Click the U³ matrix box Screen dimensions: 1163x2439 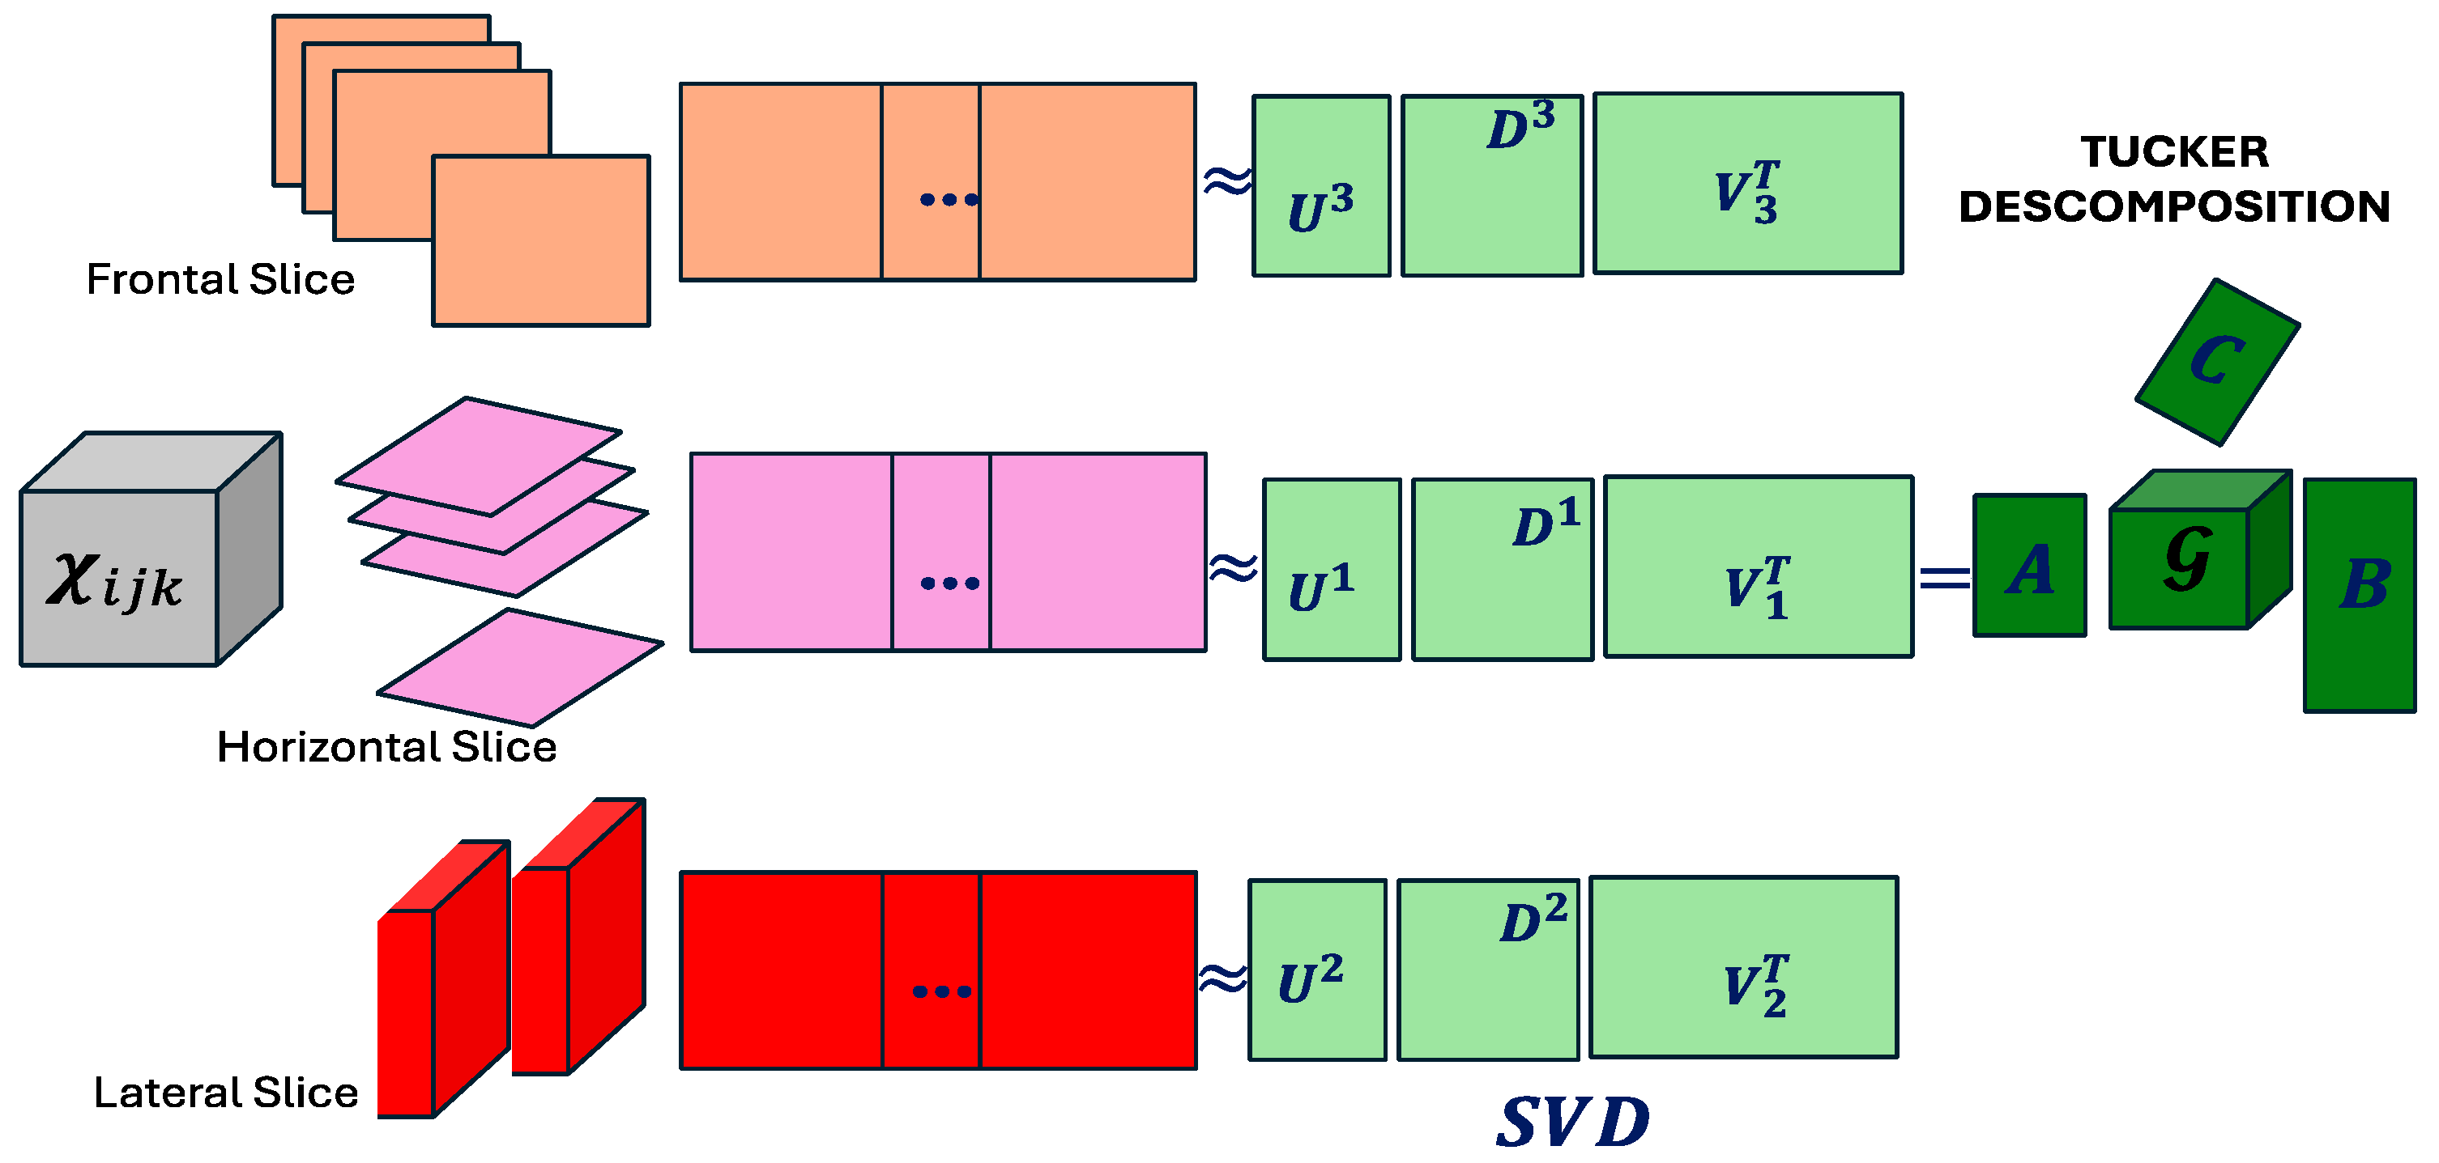tap(1321, 185)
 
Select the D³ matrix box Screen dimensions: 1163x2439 tap(1491, 185)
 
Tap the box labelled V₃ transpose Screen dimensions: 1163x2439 tap(1747, 184)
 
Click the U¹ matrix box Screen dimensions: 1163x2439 tap(1331, 569)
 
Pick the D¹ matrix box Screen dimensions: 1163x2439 tap(1502, 569)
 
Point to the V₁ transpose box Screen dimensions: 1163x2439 tap(1759, 567)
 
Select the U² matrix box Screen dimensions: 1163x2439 tap(1317, 969)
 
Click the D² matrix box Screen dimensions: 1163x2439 tap(1487, 969)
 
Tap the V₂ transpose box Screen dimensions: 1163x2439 tap(1743, 966)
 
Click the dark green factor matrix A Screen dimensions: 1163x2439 tap(2029, 565)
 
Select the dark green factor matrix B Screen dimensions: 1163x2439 tap(2359, 594)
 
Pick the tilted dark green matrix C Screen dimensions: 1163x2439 tap(2217, 362)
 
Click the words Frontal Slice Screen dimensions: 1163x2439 tap(220, 279)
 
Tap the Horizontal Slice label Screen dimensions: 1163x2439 tap(386, 747)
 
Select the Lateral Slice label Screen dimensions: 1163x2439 tap(225, 1092)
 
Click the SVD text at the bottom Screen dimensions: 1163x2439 tap(1572, 1123)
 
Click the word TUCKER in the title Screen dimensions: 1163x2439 tap(2174, 152)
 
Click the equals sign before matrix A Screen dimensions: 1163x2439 tap(1944, 577)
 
